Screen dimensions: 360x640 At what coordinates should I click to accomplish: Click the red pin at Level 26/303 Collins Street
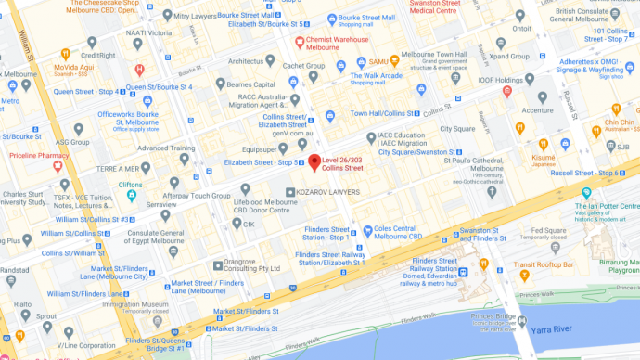click(x=314, y=162)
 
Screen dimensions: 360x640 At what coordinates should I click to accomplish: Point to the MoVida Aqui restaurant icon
click(x=65, y=55)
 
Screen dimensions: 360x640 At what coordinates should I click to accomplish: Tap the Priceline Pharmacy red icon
click(x=58, y=165)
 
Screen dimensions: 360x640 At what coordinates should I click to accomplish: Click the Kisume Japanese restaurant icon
click(x=544, y=143)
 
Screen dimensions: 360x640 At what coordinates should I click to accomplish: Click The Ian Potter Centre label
click(x=608, y=206)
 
